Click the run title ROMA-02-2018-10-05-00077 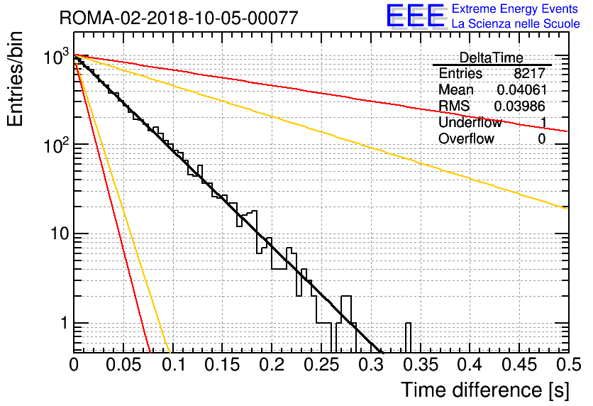179,18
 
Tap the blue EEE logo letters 416,16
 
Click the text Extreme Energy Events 515,9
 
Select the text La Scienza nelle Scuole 516,24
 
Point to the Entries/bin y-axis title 15,79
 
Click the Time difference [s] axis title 485,390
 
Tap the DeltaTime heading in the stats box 492,57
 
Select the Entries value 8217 529,73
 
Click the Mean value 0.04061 522,89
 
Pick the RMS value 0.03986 520,106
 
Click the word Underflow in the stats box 470,122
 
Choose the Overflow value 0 541,139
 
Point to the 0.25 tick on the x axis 321,365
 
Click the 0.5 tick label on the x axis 569,365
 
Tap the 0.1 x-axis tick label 174,365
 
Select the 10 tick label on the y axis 59,234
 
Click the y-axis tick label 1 64,323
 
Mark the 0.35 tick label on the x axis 421,365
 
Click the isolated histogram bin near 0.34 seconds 408,338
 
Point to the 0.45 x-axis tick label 520,365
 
